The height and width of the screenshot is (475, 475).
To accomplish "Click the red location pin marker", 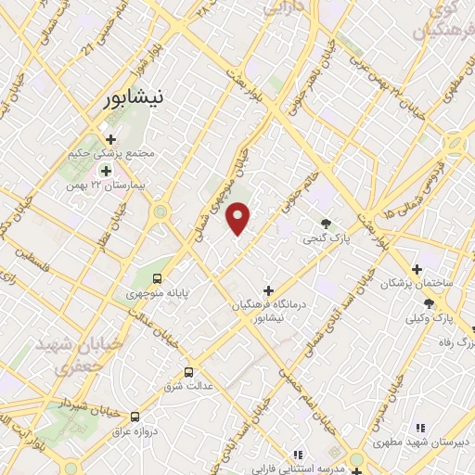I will (238, 218).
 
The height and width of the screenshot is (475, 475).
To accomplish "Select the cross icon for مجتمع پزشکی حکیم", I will (110, 138).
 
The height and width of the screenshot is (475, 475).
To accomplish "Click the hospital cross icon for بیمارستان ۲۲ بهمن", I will (106, 171).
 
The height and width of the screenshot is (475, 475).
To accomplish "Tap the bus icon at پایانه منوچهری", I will (157, 277).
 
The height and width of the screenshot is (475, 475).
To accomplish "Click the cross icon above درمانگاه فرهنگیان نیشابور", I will (269, 290).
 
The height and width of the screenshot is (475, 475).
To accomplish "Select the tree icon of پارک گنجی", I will (326, 223).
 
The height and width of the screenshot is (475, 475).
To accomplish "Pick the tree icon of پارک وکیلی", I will (429, 303).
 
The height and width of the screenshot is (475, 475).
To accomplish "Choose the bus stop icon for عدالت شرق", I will (189, 372).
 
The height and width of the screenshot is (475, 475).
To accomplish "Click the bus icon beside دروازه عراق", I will (135, 417).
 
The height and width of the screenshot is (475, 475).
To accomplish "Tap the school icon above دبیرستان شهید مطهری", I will (419, 428).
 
